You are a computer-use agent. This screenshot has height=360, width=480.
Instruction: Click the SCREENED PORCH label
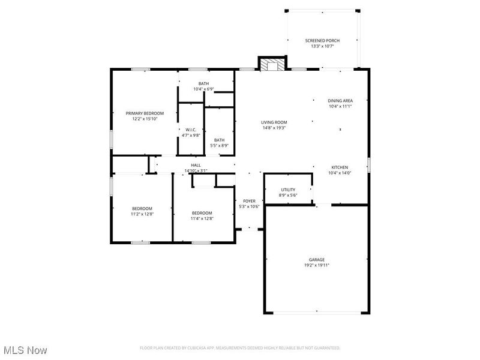[x=322, y=41]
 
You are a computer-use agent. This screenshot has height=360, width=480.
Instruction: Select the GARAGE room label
[x=317, y=259]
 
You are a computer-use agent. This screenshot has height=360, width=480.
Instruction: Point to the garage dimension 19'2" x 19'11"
[x=317, y=265]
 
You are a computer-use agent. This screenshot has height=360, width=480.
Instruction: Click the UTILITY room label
[x=288, y=190]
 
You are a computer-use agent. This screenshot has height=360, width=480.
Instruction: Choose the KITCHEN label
[x=340, y=167]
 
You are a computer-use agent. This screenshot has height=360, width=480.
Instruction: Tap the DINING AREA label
[x=340, y=101]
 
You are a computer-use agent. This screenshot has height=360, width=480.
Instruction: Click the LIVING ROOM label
[x=274, y=122]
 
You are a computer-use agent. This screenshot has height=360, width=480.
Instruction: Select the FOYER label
[x=249, y=201]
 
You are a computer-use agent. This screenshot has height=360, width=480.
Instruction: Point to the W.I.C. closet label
[x=191, y=130]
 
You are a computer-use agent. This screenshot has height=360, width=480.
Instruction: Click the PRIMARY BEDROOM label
[x=145, y=113]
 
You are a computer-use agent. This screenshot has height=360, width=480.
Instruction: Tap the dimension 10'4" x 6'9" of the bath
[x=204, y=89]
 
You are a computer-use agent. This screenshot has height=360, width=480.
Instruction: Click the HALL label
[x=196, y=165]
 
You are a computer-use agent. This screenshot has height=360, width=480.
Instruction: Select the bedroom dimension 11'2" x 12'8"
[x=142, y=214]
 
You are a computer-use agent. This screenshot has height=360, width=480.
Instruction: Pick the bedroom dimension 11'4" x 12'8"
[x=202, y=218]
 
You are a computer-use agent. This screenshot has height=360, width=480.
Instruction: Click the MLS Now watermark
[x=25, y=349]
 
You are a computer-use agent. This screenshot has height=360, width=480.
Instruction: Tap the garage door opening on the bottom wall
[x=317, y=312]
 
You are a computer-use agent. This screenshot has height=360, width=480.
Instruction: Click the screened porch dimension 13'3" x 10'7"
[x=322, y=46]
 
